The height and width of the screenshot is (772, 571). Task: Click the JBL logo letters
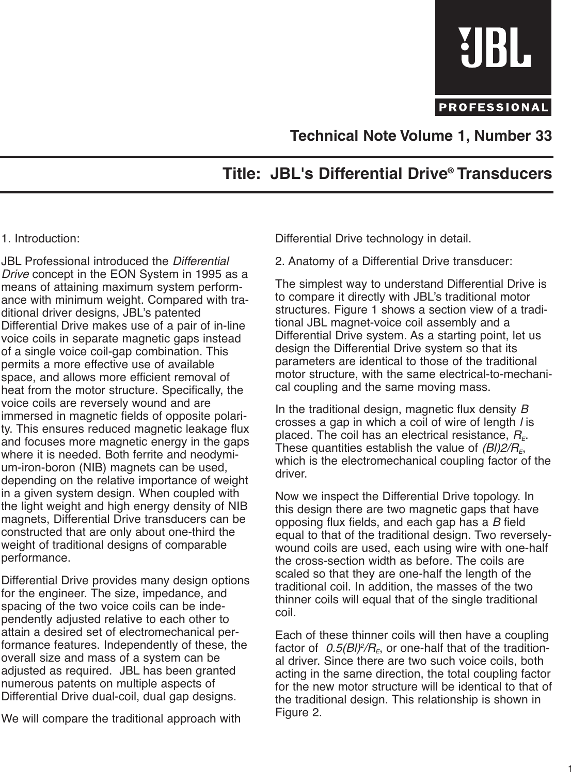click(494, 47)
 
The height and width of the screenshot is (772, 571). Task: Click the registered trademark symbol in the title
click(454, 169)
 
